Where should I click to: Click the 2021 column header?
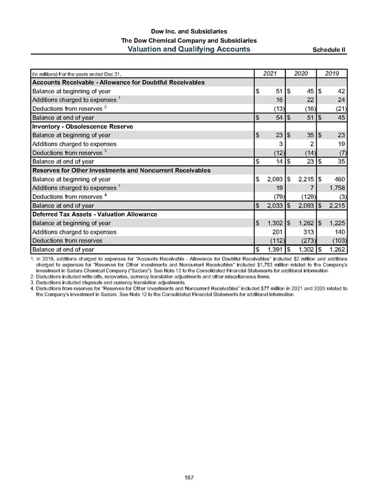point(270,74)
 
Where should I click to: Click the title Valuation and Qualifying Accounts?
point(189,49)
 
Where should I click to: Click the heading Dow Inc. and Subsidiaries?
point(189,31)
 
